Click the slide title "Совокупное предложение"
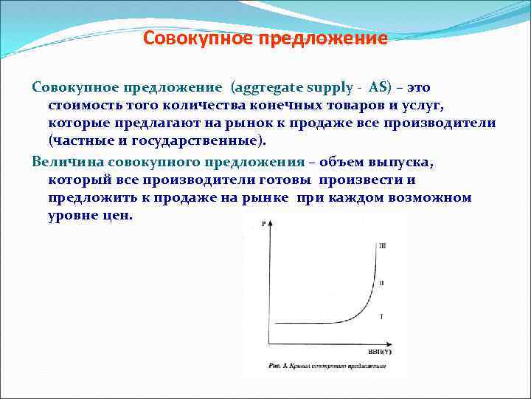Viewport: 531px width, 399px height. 265,38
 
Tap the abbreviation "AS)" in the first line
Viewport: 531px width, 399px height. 381,86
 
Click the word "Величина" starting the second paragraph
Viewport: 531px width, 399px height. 68,162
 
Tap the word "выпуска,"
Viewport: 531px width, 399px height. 392,162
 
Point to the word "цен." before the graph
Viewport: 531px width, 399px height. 115,216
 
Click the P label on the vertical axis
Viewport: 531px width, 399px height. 263,223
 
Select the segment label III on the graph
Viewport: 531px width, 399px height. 381,245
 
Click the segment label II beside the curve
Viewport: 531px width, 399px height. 381,283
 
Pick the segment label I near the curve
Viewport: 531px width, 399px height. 381,316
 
